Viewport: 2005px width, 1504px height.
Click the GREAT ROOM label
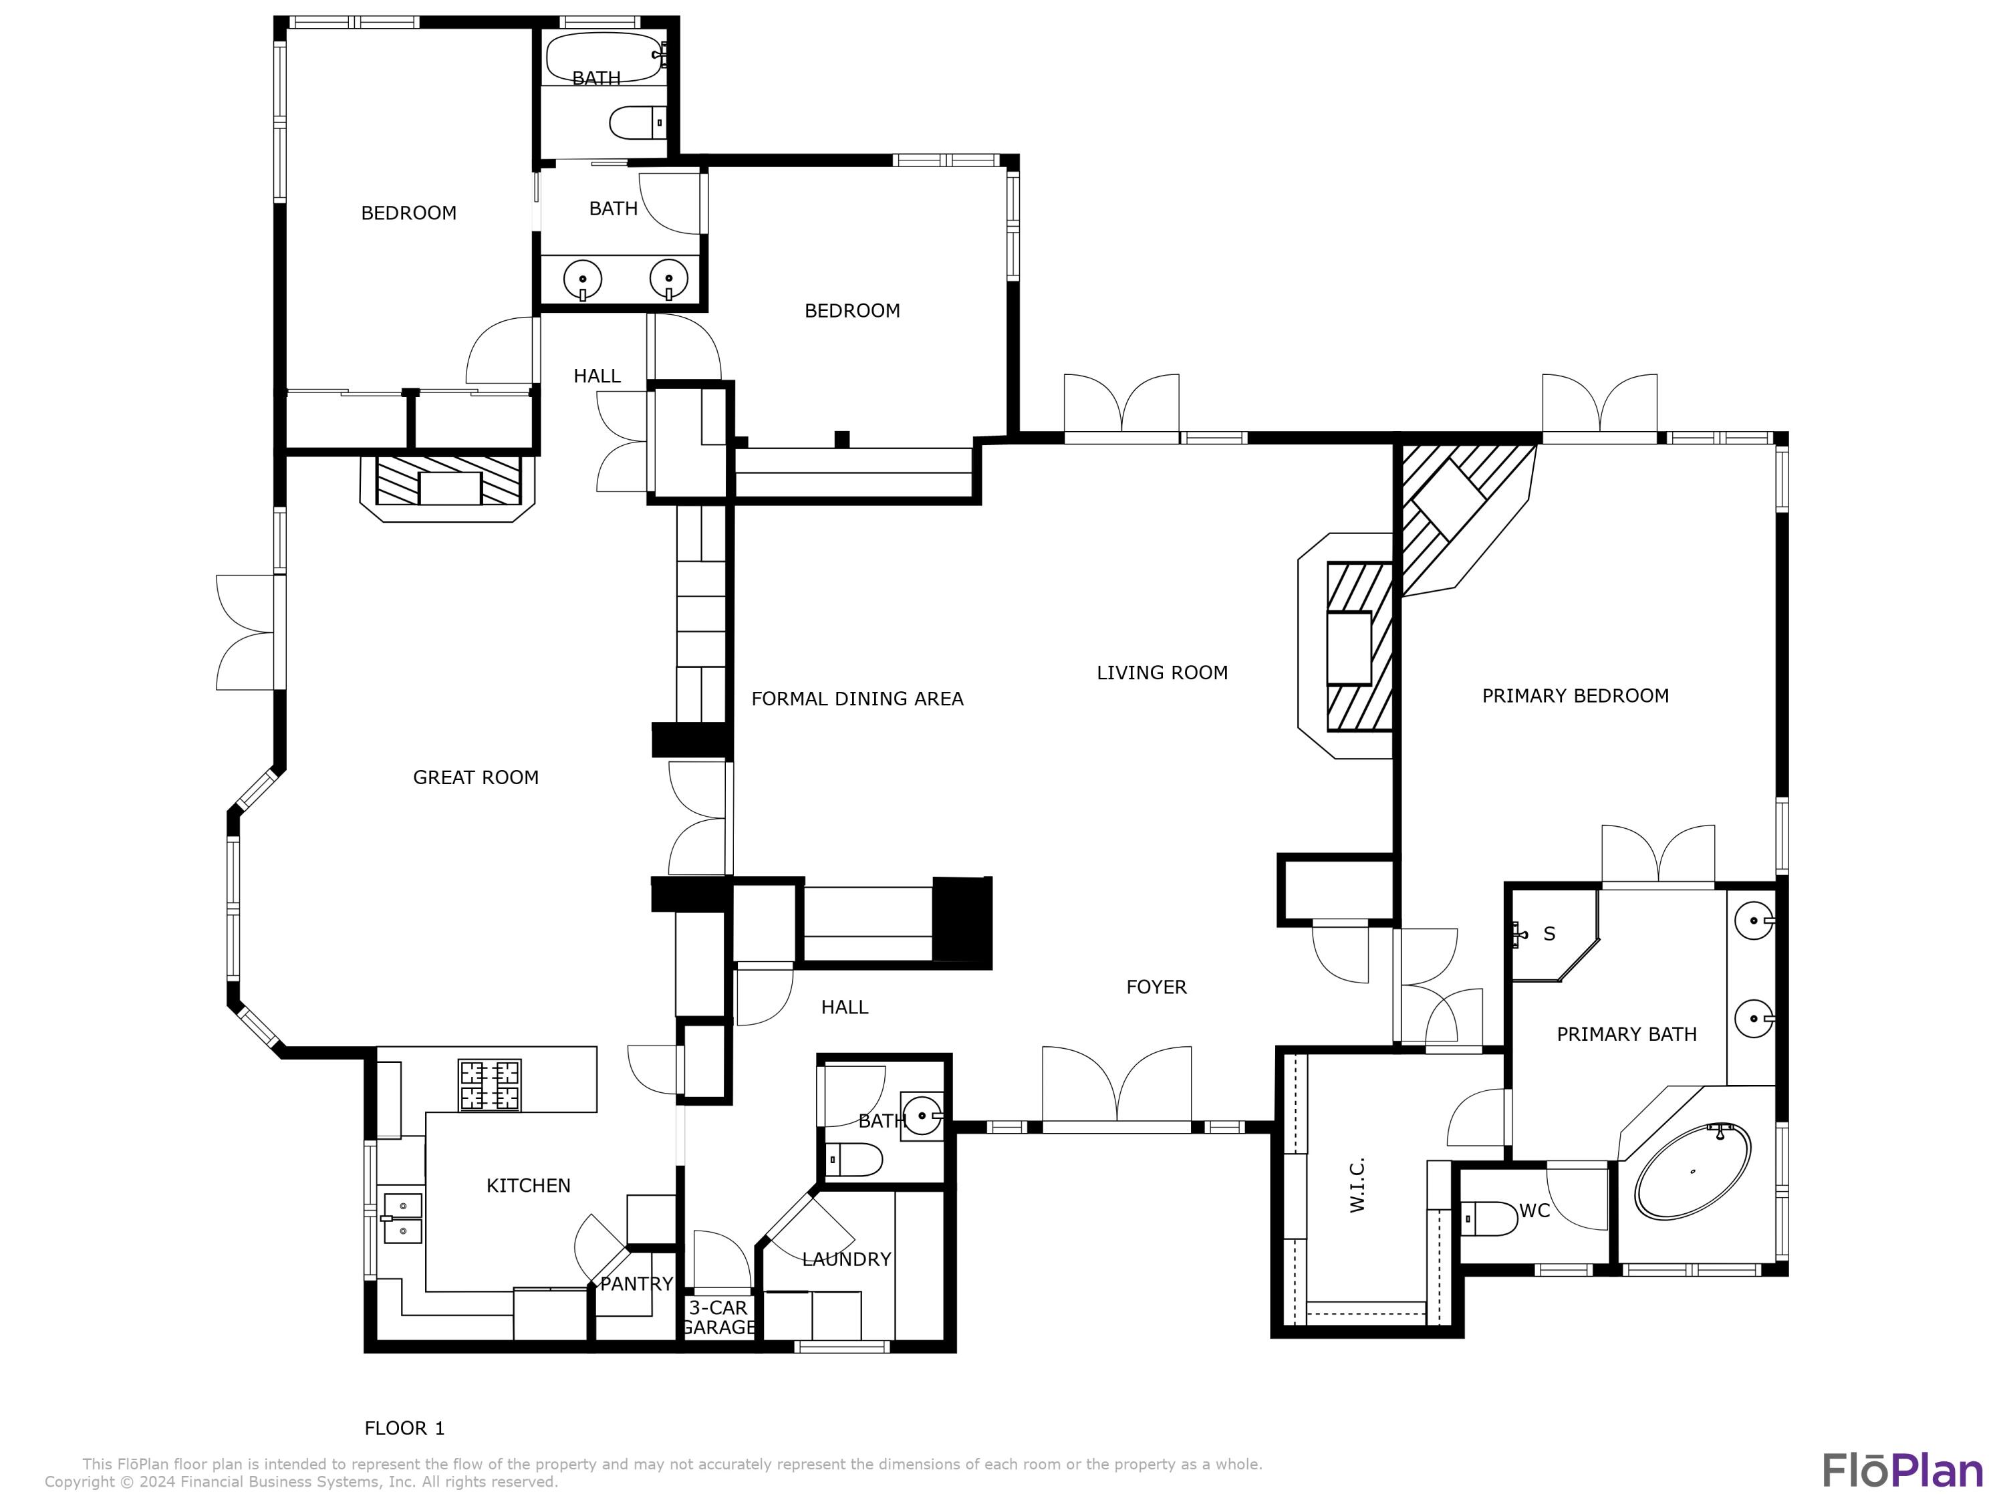click(475, 777)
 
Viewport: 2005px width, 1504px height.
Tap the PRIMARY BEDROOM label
click(1575, 695)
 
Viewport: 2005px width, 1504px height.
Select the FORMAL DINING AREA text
click(857, 698)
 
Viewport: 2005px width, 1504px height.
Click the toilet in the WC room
click(1489, 1219)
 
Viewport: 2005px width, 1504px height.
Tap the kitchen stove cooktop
click(489, 1085)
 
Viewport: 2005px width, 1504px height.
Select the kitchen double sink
click(402, 1217)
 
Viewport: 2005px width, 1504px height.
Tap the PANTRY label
click(636, 1283)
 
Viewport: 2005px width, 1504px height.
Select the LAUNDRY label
click(847, 1258)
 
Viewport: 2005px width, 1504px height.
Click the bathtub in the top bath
click(604, 56)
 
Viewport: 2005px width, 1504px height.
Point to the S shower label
click(1549, 934)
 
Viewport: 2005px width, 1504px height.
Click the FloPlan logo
click(1901, 1471)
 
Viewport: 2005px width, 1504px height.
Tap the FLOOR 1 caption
click(404, 1428)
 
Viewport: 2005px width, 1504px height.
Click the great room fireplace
click(448, 481)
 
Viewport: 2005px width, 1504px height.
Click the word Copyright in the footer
click(82, 1481)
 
